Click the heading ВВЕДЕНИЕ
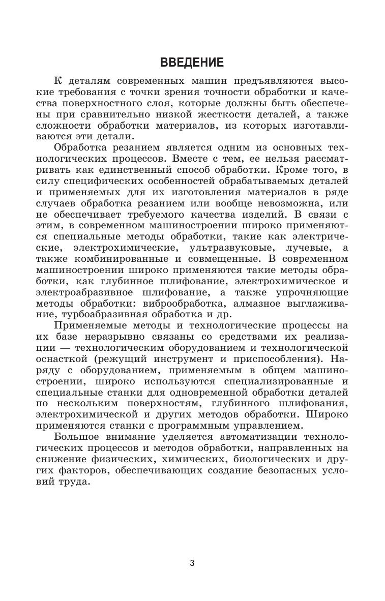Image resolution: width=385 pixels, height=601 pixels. pos(192,63)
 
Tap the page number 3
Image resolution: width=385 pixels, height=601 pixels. pos(192,563)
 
